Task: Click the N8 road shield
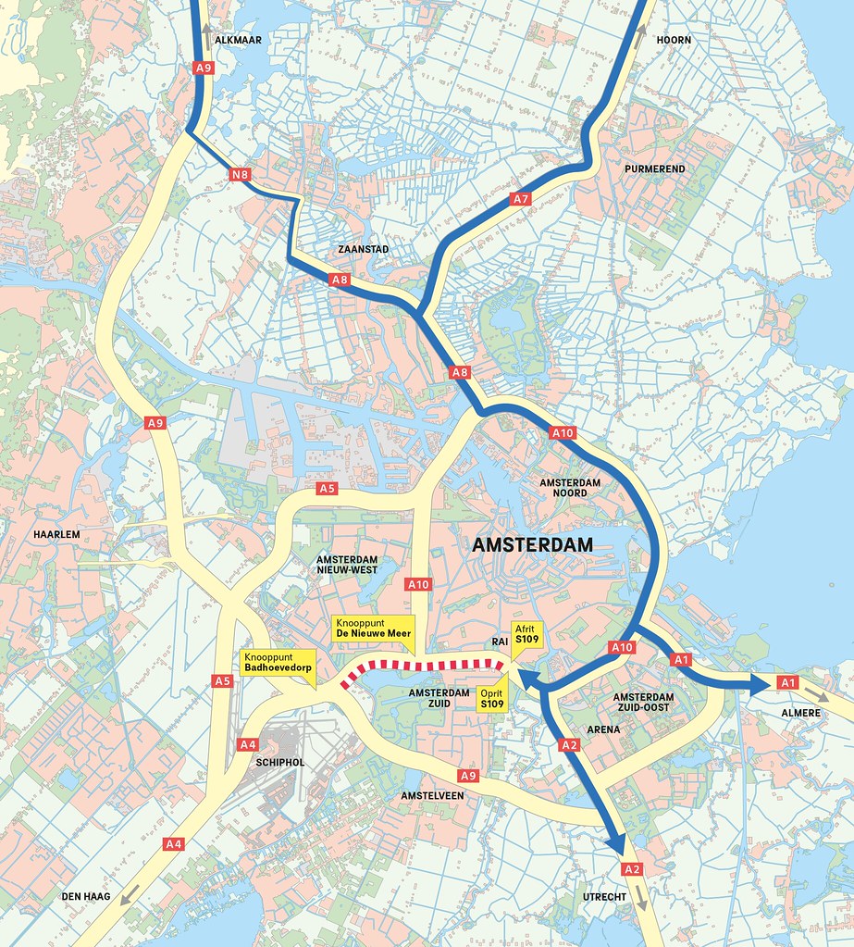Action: click(x=239, y=173)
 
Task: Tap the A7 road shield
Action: click(x=521, y=198)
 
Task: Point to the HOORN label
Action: click(x=674, y=40)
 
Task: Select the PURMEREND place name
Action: click(x=654, y=169)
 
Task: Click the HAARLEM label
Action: click(x=56, y=535)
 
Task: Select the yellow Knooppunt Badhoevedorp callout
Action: click(x=278, y=661)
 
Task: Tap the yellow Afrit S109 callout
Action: click(x=526, y=634)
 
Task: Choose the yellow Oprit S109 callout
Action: click(x=492, y=699)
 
